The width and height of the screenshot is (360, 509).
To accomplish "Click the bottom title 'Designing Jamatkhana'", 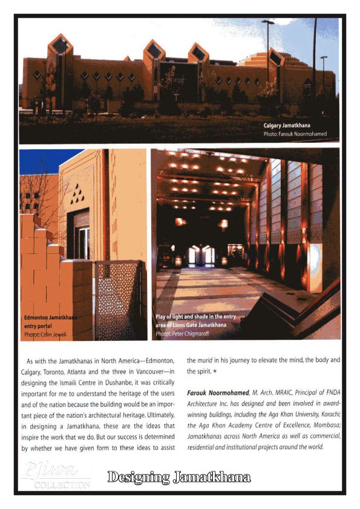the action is coord(178,478).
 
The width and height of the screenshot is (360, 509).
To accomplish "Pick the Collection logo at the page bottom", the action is coord(54,475).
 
